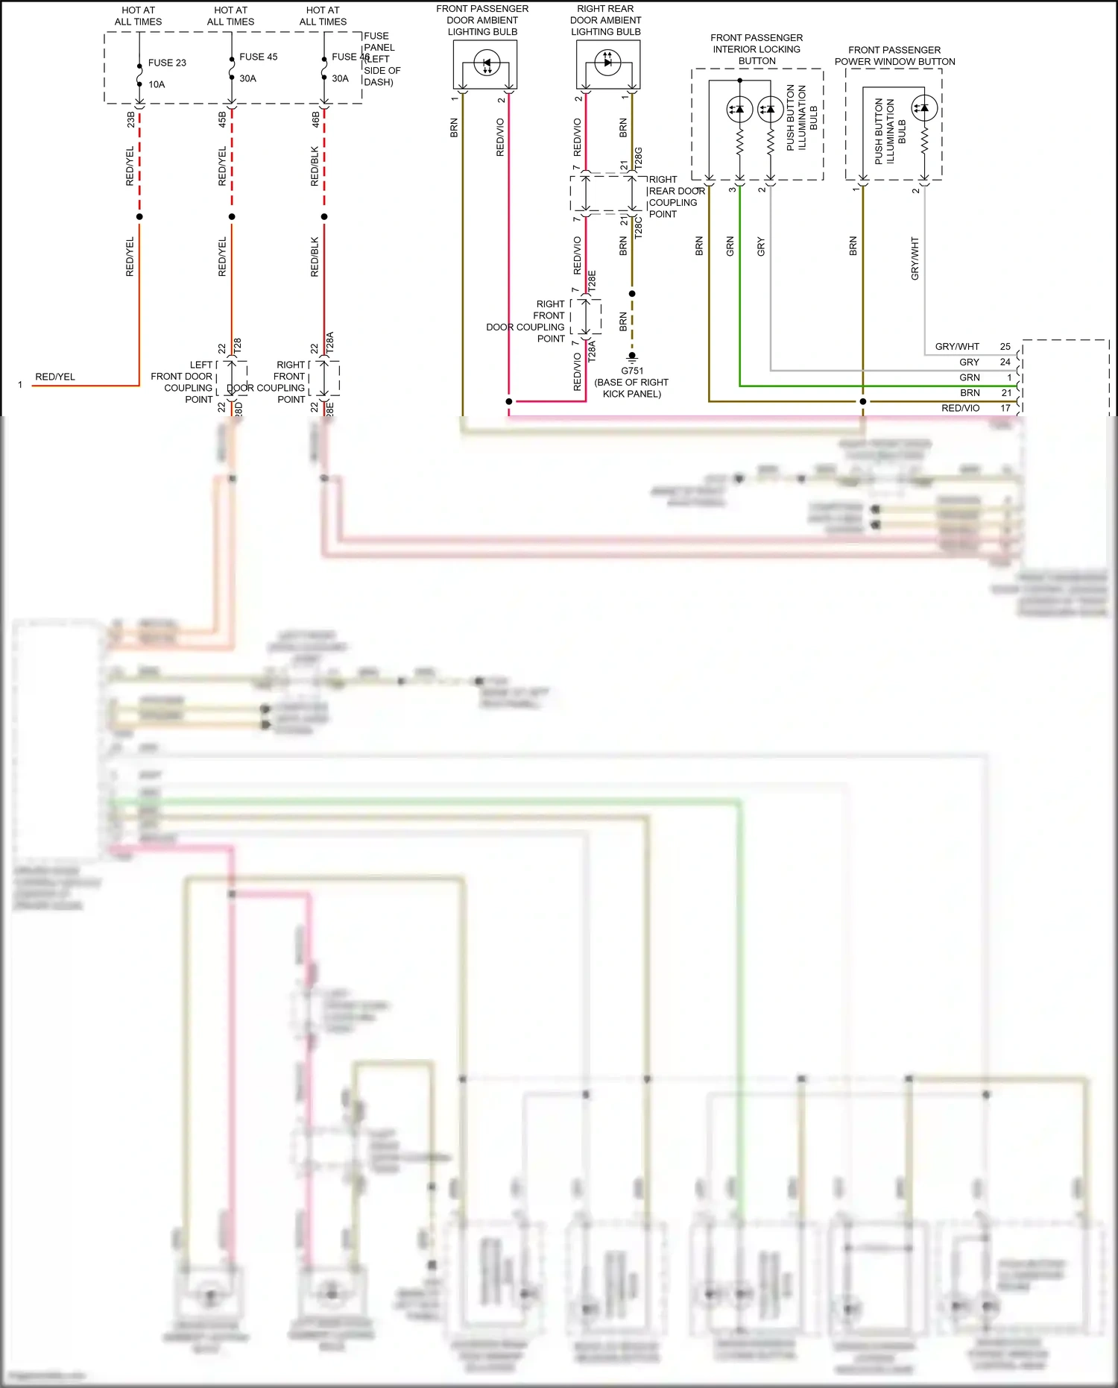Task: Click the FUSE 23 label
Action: [x=167, y=63]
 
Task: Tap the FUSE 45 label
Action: [x=258, y=57]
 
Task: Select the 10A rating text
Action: [x=157, y=84]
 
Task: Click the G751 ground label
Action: [x=631, y=371]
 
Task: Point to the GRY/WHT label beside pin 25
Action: [x=957, y=347]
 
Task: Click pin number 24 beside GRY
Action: [x=1005, y=362]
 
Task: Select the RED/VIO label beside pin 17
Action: [x=960, y=408]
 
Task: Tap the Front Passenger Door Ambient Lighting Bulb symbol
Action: [x=487, y=63]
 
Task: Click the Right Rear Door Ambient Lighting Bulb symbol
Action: [x=607, y=62]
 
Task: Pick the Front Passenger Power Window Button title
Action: [x=894, y=56]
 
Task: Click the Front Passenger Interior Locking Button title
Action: [x=757, y=49]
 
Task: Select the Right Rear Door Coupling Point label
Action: [x=675, y=197]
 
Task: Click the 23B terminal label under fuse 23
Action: [x=131, y=119]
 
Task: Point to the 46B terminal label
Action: [x=315, y=119]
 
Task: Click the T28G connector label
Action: [x=638, y=158]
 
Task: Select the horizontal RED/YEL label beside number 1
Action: [x=55, y=377]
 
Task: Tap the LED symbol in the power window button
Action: [x=924, y=108]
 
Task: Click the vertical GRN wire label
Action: [x=730, y=246]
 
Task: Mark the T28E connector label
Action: [x=592, y=280]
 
